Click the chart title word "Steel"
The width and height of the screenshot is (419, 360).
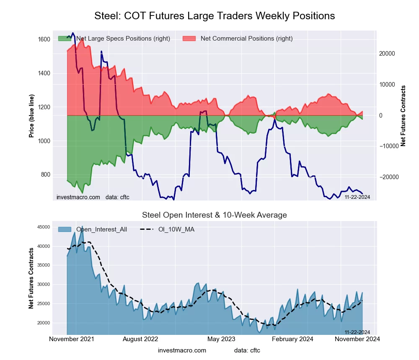coord(108,16)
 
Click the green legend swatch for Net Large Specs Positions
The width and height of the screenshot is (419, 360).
coord(65,39)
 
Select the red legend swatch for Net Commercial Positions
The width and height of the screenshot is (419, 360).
coord(189,39)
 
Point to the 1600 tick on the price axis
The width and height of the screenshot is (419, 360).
coord(44,39)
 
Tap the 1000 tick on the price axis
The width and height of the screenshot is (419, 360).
coord(44,141)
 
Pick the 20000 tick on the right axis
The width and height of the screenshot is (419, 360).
coord(388,54)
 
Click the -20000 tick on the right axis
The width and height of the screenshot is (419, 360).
coord(388,177)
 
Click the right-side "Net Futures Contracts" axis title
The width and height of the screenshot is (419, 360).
coord(403,116)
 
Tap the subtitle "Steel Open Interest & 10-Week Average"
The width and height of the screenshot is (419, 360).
coord(215,215)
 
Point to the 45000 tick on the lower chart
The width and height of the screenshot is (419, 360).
coord(44,227)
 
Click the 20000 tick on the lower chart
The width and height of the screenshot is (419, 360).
coord(44,323)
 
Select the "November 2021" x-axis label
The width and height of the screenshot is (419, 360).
coord(72,339)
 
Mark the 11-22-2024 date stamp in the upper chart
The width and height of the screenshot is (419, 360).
coord(357,197)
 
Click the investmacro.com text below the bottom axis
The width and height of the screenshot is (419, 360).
coord(182,350)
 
